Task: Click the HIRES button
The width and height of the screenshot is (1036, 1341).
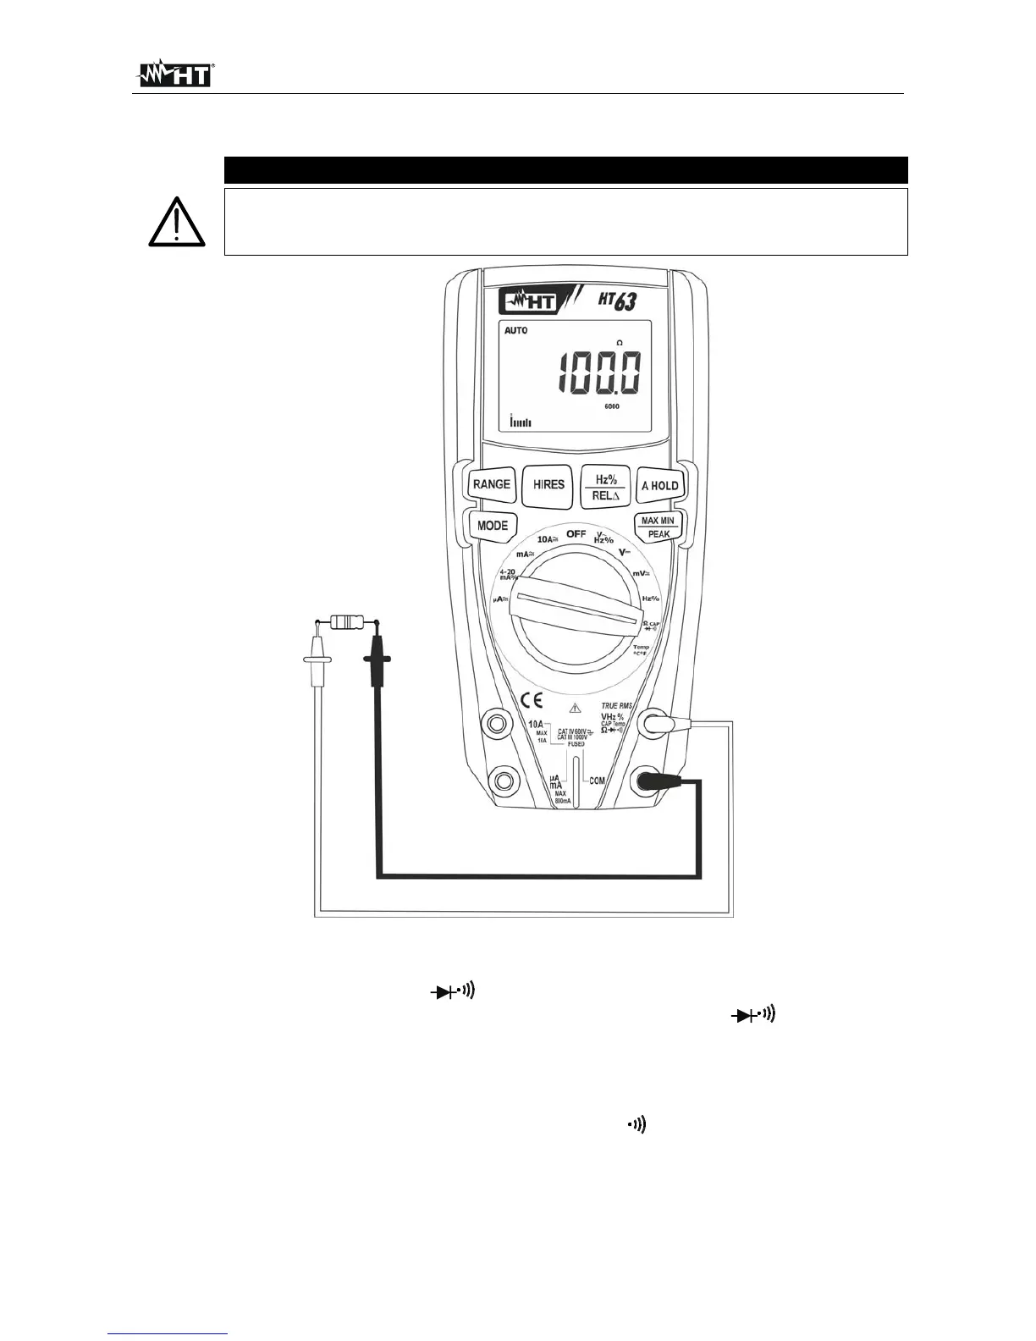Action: click(548, 485)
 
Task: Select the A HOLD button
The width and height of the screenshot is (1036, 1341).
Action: click(660, 486)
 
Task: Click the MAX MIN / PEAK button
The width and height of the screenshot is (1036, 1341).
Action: click(659, 527)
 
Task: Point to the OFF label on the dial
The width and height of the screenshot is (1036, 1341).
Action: click(576, 534)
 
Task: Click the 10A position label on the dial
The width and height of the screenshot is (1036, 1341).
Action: click(548, 539)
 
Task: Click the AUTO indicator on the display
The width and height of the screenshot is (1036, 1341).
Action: click(515, 331)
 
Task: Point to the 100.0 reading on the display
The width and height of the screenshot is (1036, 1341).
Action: click(598, 373)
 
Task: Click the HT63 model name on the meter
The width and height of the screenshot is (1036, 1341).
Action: click(617, 300)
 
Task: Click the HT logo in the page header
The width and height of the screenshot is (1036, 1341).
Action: click(174, 74)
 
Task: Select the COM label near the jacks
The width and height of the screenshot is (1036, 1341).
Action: click(597, 781)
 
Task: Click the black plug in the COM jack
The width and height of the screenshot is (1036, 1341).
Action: click(652, 781)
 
